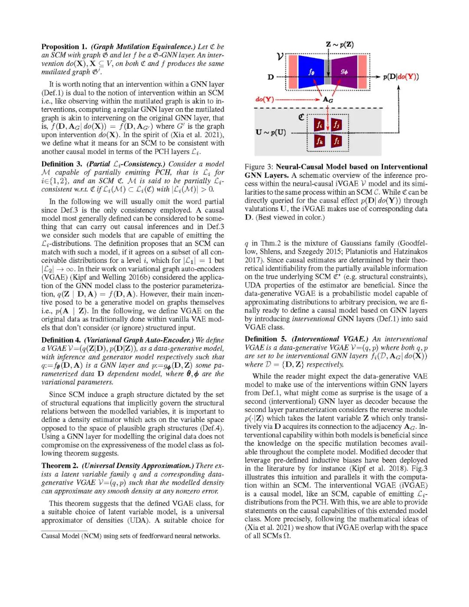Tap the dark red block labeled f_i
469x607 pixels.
(x=319, y=125)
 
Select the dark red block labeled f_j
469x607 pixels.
(x=337, y=125)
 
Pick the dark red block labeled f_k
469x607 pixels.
(x=319, y=141)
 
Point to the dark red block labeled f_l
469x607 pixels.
(x=337, y=141)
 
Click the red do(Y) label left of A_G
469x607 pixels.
(x=265, y=99)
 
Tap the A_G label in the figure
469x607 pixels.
(x=328, y=100)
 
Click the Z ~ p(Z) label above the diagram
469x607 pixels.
(x=340, y=44)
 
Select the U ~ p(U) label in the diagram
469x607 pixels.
(x=271, y=132)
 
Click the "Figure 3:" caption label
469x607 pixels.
(x=259, y=167)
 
